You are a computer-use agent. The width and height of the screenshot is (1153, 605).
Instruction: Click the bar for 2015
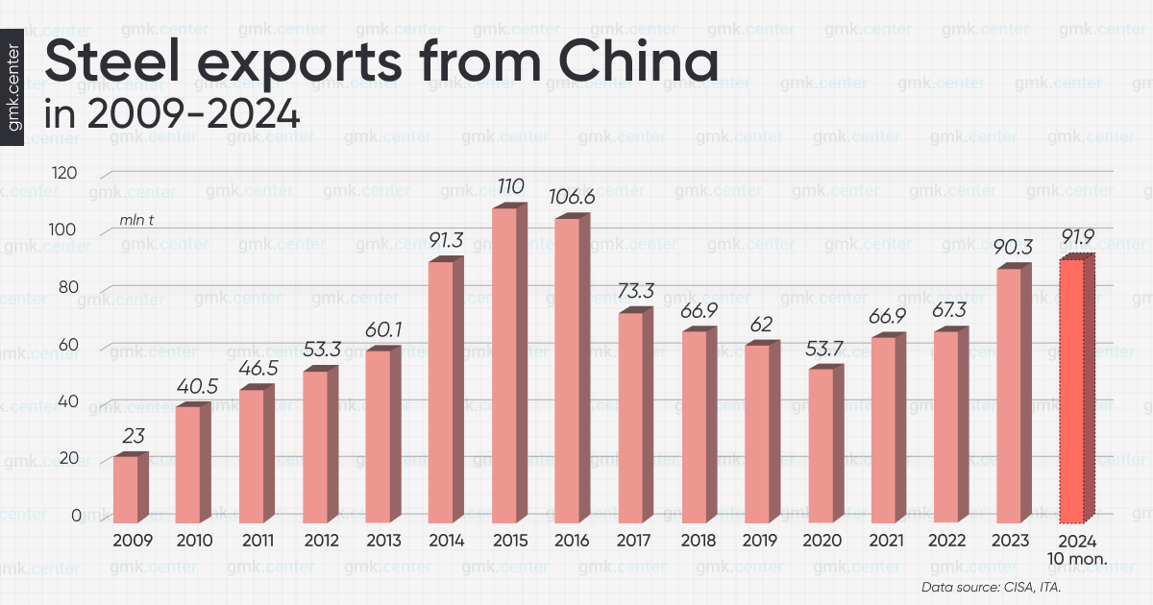coord(504,365)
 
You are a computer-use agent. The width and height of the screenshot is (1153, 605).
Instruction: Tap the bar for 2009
coord(126,489)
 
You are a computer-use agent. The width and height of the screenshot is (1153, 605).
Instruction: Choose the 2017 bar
coord(630,417)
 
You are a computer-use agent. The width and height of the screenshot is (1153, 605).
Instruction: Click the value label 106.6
coord(569,197)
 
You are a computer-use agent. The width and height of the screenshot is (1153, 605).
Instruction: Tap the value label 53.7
coord(821,349)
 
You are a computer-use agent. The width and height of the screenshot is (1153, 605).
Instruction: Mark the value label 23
coord(133,436)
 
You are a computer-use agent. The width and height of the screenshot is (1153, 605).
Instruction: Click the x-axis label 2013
coord(384,542)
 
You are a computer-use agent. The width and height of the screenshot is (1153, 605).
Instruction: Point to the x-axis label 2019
coord(761,542)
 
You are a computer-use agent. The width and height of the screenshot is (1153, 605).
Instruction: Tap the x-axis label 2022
coord(949,542)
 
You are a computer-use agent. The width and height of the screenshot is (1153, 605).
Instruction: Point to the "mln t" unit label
coord(137,220)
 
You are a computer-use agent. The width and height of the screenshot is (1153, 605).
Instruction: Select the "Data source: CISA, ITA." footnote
coord(996,587)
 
